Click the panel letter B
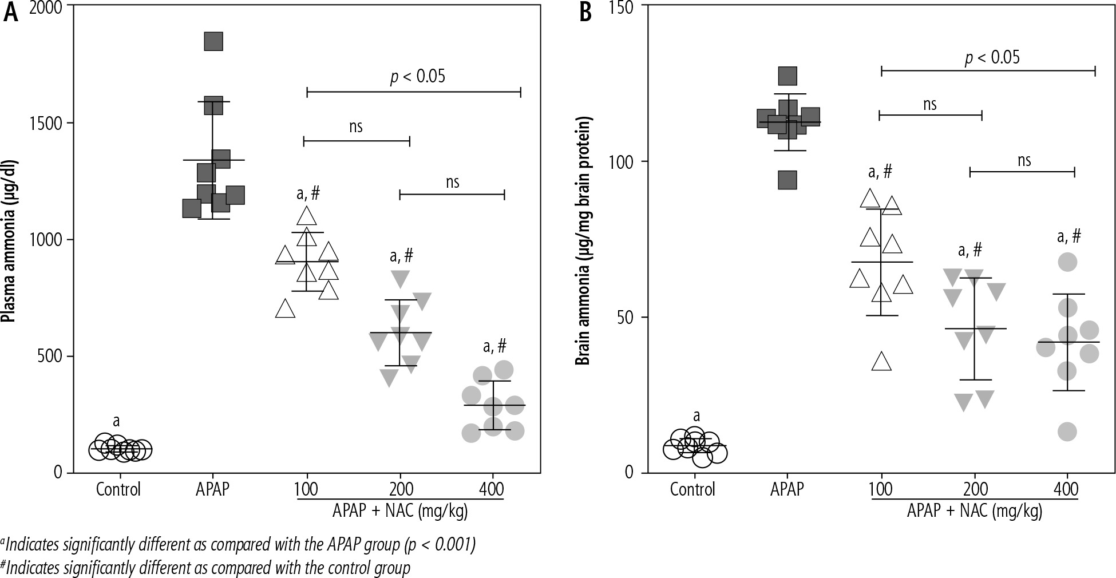(585, 13)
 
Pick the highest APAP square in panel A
(213, 41)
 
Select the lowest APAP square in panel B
(787, 180)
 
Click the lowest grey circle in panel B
(1067, 432)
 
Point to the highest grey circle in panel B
(1067, 263)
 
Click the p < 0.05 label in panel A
(417, 77)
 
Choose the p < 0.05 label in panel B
(992, 58)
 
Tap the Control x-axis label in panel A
(118, 490)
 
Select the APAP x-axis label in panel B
(787, 490)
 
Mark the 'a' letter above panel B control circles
(696, 416)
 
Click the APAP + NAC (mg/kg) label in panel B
(974, 510)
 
